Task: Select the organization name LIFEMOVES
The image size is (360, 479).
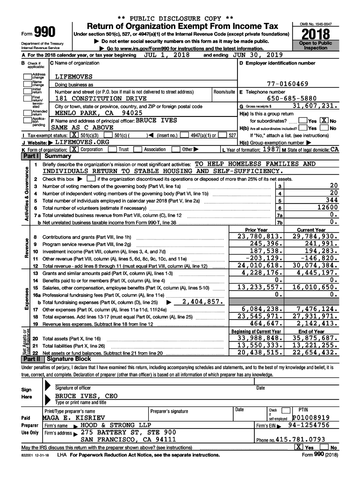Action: (x=74, y=76)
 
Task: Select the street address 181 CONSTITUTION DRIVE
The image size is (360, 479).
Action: (x=101, y=99)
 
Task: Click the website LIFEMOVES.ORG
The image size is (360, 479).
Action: (x=82, y=142)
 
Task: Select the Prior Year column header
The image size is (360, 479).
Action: (x=256, y=230)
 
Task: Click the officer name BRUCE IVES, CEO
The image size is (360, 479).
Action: (x=86, y=396)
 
